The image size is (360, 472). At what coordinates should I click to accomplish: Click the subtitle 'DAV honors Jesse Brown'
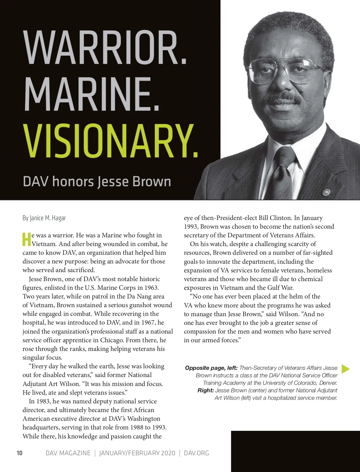pos(97,182)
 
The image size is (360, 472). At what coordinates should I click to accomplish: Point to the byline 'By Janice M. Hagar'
pos(44,218)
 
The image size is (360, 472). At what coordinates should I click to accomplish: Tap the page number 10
pos(19,453)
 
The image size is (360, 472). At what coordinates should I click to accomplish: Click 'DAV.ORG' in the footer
pos(196,453)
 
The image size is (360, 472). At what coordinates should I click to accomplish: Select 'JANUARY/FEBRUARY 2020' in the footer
pos(137,453)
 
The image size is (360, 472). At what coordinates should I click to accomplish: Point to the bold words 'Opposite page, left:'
pos(211,368)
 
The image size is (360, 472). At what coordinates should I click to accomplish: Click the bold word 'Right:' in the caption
pos(205,390)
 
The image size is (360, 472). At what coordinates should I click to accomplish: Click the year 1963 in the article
pos(151,288)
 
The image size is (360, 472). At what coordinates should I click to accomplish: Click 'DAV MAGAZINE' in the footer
pos(68,453)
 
